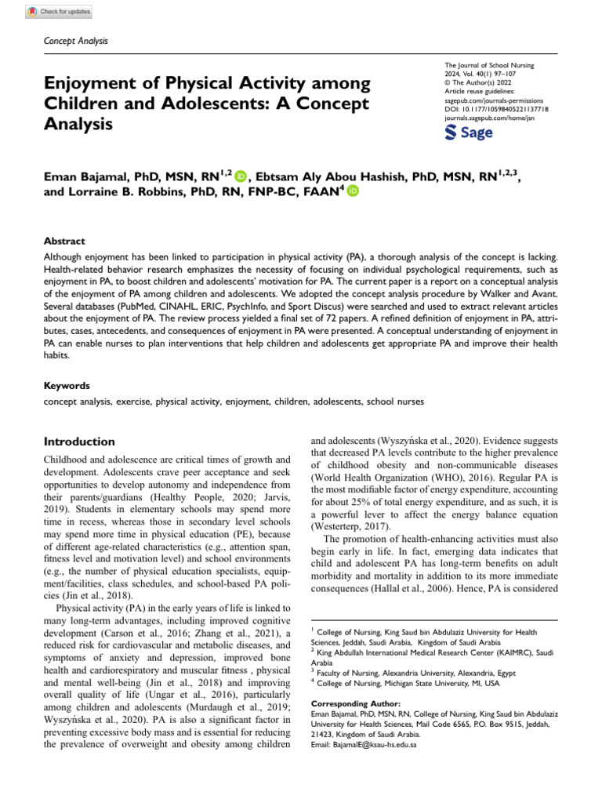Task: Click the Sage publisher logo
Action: (469, 133)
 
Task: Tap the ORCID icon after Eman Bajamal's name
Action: (240, 177)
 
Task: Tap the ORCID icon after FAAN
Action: (353, 191)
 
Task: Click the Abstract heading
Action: (64, 242)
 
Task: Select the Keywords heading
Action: (67, 386)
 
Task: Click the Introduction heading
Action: (79, 441)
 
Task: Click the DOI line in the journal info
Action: (496, 110)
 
